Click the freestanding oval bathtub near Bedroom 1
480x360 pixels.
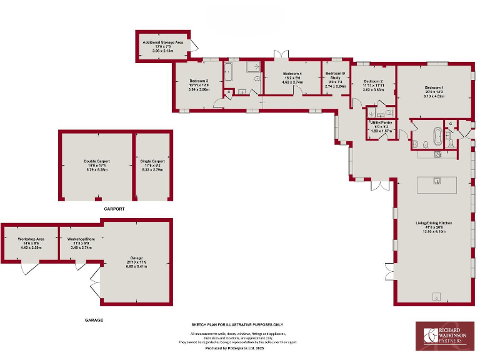(437, 135)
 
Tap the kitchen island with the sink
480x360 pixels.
(437, 184)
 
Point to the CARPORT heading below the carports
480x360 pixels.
(114, 209)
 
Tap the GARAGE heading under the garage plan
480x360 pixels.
(94, 320)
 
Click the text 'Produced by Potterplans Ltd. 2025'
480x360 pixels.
(237, 349)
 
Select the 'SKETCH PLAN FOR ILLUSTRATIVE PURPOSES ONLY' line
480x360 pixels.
(237, 325)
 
